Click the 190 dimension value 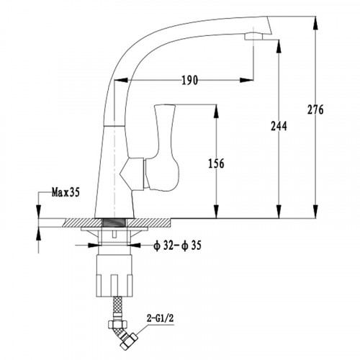click(x=189, y=81)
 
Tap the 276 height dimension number click(x=315, y=109)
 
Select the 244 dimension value click(x=279, y=126)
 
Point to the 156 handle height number click(x=216, y=163)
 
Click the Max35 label click(x=66, y=192)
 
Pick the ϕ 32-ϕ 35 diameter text click(x=177, y=246)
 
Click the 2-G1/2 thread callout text click(x=160, y=318)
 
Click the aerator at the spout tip click(x=253, y=37)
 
